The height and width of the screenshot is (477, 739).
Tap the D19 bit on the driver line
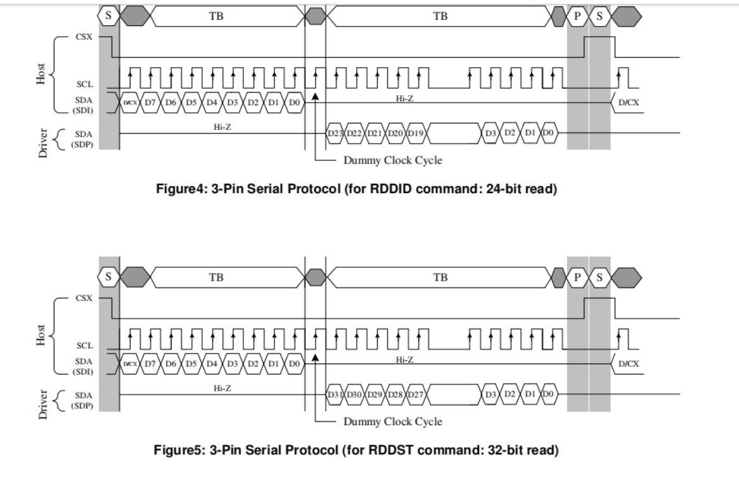click(x=416, y=134)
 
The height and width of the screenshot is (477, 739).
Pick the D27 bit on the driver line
click(x=416, y=395)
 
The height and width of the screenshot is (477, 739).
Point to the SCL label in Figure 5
click(x=84, y=346)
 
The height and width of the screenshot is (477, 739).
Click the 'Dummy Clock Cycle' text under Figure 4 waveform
click(x=392, y=160)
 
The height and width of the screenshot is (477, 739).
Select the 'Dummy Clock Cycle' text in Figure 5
click(x=392, y=421)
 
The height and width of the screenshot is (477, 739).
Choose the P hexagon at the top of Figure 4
click(x=577, y=16)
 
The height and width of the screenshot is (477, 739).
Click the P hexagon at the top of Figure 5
click(x=577, y=277)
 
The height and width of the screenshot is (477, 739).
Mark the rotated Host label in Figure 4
click(x=41, y=74)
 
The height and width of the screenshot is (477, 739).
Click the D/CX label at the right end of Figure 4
click(x=628, y=103)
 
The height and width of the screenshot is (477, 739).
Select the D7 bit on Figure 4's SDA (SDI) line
click(x=150, y=103)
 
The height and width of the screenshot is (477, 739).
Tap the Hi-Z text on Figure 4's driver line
click(x=222, y=127)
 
